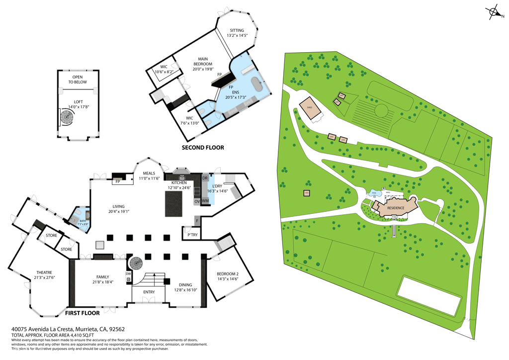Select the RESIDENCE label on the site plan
click(396, 209)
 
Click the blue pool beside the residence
click(375, 193)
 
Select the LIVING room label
click(118, 209)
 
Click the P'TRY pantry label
click(192, 235)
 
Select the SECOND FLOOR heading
click(202, 148)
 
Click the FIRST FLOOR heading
click(83, 313)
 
